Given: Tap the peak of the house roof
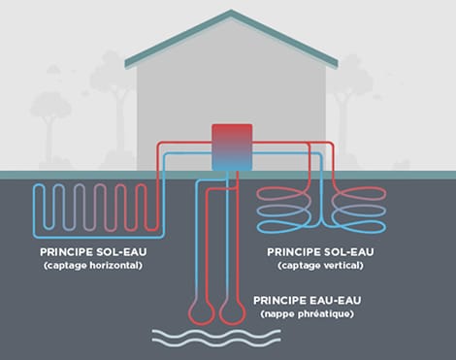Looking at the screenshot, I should coord(232,13).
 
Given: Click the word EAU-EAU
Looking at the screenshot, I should coord(337,301).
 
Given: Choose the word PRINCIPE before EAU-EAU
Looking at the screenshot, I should coord(281,301).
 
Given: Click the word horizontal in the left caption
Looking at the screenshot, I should coord(111,265).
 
